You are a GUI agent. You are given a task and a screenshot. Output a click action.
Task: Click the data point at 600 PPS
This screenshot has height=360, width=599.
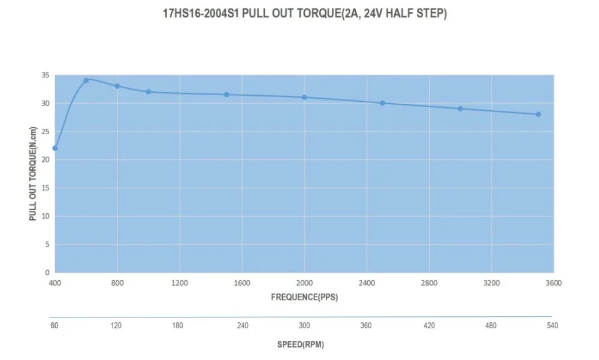(86, 80)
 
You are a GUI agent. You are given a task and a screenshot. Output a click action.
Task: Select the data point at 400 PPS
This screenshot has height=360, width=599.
(55, 148)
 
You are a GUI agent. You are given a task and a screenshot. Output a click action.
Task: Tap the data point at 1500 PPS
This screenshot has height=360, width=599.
(226, 95)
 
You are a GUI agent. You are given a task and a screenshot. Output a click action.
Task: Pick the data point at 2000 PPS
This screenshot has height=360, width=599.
(304, 97)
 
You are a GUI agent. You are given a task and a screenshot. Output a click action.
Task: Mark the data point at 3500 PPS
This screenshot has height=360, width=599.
(538, 114)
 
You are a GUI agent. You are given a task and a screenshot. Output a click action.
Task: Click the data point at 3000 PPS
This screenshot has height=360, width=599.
(460, 108)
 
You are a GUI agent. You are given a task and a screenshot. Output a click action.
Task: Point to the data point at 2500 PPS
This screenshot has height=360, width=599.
(382, 103)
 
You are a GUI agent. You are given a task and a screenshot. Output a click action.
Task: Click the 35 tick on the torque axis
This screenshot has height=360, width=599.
(46, 75)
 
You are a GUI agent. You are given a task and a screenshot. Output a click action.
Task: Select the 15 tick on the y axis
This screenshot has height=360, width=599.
(46, 188)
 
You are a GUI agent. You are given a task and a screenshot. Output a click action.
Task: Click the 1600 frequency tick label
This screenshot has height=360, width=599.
(242, 283)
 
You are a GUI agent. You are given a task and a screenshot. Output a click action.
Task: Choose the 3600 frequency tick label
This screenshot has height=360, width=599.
(553, 283)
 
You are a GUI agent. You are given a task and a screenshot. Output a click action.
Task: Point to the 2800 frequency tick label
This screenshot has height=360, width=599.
(429, 283)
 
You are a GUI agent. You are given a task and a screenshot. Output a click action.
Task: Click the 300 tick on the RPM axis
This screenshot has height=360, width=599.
(304, 326)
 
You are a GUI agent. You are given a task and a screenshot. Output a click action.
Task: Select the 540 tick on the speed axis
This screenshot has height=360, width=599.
(552, 326)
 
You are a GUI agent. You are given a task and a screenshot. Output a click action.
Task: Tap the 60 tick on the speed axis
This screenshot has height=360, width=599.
(55, 326)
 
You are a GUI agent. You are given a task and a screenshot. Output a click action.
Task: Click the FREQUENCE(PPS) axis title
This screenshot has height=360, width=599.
(304, 297)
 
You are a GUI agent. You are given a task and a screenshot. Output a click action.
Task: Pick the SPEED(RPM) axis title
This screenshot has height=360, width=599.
(301, 344)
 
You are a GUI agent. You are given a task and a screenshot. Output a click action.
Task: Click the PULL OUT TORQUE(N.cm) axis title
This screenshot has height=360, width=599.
(33, 174)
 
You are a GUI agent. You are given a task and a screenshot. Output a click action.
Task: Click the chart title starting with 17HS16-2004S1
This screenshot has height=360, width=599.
(305, 13)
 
